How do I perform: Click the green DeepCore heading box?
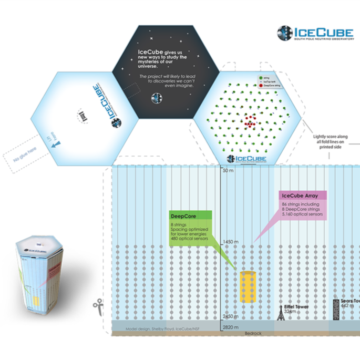tap(190, 215)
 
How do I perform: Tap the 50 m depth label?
tap(227, 171)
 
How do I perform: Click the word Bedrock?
tap(253, 333)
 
